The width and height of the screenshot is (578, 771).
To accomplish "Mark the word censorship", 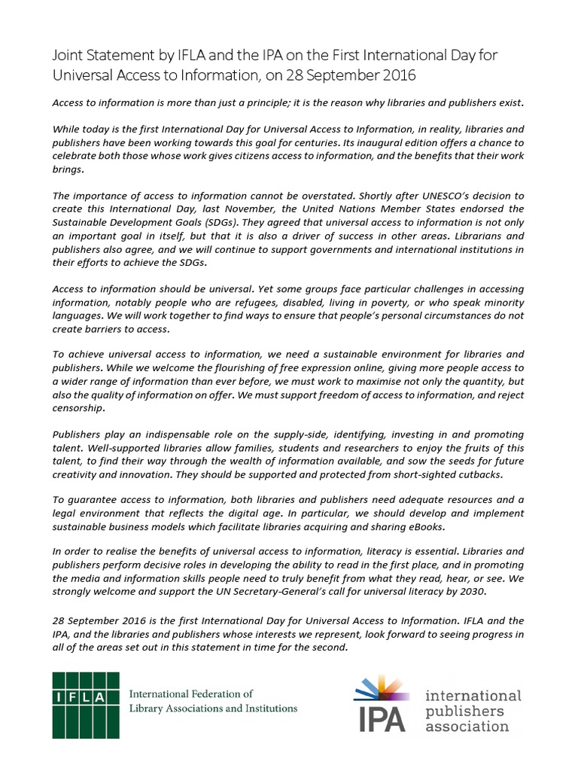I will [79, 409].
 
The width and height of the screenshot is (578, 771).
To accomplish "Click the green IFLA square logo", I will [85, 705].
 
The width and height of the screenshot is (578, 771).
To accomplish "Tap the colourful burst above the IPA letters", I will [382, 689].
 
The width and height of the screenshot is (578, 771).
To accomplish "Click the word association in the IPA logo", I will [467, 727].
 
